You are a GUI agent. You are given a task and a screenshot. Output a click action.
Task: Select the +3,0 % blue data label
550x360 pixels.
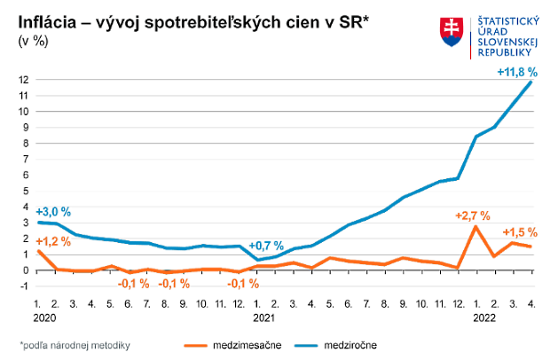pyautogui.click(x=53, y=212)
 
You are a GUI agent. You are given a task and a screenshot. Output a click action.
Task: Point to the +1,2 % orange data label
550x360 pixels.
pyautogui.click(x=53, y=240)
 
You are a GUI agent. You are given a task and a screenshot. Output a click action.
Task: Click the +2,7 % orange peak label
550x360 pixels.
pyautogui.click(x=472, y=215)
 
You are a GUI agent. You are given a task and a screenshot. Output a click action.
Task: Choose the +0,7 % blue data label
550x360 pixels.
pyautogui.click(x=266, y=246)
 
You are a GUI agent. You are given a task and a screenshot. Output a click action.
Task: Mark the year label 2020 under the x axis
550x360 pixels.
pyautogui.click(x=44, y=315)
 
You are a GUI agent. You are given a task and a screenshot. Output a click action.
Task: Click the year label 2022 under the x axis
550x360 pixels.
pyautogui.click(x=483, y=315)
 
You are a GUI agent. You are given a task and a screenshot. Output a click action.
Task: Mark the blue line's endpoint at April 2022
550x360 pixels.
pyautogui.click(x=530, y=82)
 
